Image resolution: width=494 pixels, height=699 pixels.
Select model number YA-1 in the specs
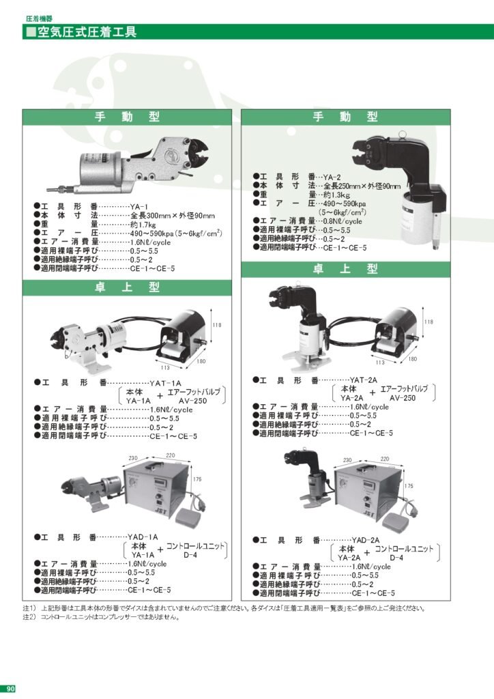click(x=139, y=205)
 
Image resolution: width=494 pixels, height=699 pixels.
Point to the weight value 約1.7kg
click(x=143, y=224)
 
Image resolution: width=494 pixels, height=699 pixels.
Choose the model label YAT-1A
click(x=166, y=383)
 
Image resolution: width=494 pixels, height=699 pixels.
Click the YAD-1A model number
click(x=144, y=537)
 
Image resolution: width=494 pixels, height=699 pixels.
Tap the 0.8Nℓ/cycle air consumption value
click(x=342, y=221)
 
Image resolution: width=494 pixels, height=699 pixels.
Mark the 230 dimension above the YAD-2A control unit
click(x=347, y=460)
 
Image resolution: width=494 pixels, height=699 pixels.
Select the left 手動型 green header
click(x=126, y=117)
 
